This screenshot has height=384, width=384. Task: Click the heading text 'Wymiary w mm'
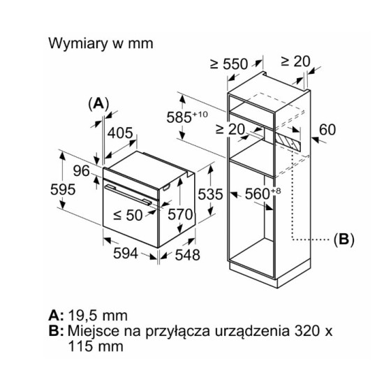coord(101,43)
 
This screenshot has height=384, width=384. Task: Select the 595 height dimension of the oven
coord(63,189)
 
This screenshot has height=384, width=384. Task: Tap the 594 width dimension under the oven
coord(126,253)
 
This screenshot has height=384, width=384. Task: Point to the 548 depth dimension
coord(188,255)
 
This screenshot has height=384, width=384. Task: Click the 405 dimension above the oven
coord(120,133)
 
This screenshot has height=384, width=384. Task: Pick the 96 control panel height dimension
coord(82,170)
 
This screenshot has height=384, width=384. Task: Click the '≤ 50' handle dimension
coord(128,215)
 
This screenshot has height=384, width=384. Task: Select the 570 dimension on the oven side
coord(180,214)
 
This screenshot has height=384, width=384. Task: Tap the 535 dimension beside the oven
coord(210,195)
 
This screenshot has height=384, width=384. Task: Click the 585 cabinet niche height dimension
coord(187,117)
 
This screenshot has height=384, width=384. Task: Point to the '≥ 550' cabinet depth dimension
coord(229,64)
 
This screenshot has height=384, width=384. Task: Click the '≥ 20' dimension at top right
coord(295,61)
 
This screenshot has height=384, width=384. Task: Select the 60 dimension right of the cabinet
coord(327,130)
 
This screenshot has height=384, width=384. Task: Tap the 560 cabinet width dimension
coord(263,193)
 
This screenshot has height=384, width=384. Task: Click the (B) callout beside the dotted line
coord(344,239)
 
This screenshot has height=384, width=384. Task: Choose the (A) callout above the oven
coord(98,103)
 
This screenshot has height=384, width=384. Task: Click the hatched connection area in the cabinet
coord(288,142)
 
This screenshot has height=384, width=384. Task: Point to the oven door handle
coord(128,195)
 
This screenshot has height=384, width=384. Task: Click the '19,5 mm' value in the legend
coord(98,316)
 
